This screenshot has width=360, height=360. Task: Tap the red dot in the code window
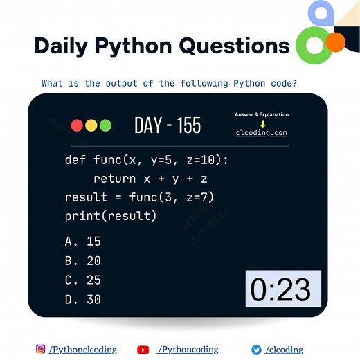click(x=77, y=125)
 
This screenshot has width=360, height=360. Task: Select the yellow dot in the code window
click(x=91, y=125)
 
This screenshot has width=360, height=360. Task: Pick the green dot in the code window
click(x=105, y=125)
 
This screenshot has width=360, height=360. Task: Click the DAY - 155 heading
click(x=168, y=125)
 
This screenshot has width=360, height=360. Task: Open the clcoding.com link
click(x=261, y=133)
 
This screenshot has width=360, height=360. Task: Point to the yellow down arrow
click(x=262, y=124)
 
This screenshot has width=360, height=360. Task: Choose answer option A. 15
click(x=83, y=242)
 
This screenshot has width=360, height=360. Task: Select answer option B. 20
click(x=83, y=261)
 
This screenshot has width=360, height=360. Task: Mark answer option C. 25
click(x=83, y=280)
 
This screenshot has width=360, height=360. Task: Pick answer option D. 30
click(x=83, y=300)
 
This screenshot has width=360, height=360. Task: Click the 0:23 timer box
click(x=282, y=289)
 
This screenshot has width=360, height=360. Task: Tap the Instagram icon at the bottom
click(x=41, y=350)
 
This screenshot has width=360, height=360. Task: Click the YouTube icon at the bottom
click(x=143, y=350)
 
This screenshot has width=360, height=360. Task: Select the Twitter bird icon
click(x=256, y=350)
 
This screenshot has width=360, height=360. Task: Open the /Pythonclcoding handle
click(x=83, y=350)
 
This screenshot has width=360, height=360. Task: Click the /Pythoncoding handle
click(x=188, y=350)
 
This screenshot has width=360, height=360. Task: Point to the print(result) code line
click(x=111, y=216)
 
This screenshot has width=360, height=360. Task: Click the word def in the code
click(x=76, y=161)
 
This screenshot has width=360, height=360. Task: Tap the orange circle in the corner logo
click(x=335, y=43)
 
